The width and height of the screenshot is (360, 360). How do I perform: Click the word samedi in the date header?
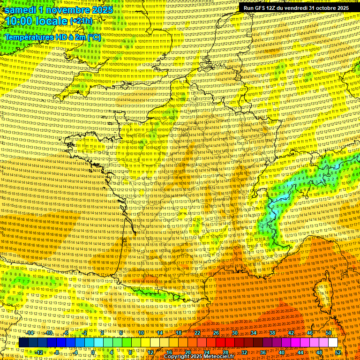coord(20,10)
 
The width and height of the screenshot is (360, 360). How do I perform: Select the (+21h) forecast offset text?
coord(81,21)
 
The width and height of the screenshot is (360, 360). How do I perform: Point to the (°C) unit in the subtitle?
coord(94,37)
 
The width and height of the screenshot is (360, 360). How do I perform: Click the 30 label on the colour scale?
coord(234,333)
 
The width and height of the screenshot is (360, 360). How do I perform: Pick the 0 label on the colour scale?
coord(93,352)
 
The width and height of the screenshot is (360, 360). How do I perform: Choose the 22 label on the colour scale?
coord(197,333)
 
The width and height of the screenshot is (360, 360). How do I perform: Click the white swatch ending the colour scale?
coord(333,343)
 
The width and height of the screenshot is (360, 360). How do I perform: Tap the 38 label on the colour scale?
coord(272,333)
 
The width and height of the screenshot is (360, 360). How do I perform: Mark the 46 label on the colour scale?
coord(309,333)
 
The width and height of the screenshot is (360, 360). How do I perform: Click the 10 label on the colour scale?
coord(141,333)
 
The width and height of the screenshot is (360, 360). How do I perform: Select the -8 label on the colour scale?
coord(57,352)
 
